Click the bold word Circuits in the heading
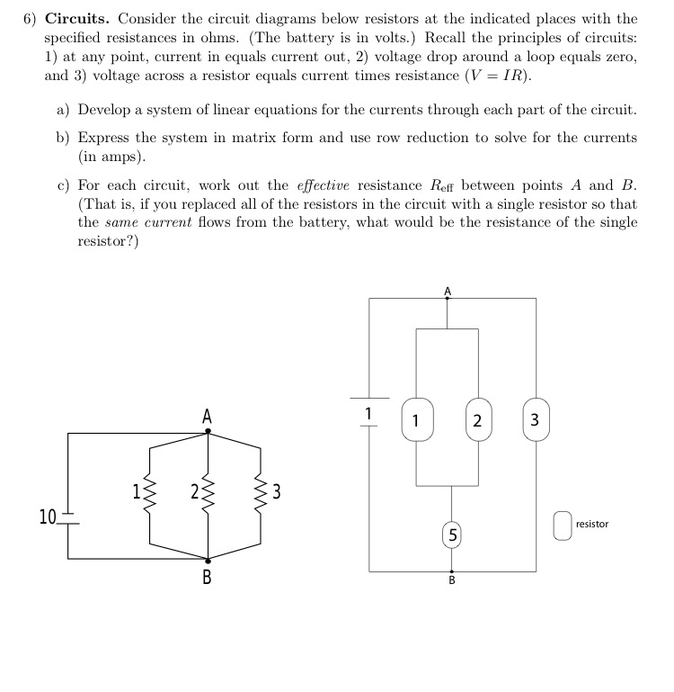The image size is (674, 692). tap(78, 19)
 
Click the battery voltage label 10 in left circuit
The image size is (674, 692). tap(47, 516)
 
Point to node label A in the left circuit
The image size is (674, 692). tap(208, 416)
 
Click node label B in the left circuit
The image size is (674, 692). tap(208, 577)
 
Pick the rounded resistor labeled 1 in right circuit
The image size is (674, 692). tap(415, 420)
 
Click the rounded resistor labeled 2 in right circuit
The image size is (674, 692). tap(477, 420)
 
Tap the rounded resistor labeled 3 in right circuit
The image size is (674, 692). tap(535, 420)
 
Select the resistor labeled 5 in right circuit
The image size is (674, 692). tap(451, 535)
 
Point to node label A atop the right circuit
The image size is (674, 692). tap(448, 291)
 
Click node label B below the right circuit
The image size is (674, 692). tap(451, 580)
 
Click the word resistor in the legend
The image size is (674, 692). tap(592, 524)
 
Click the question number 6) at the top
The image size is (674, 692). tap(31, 19)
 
